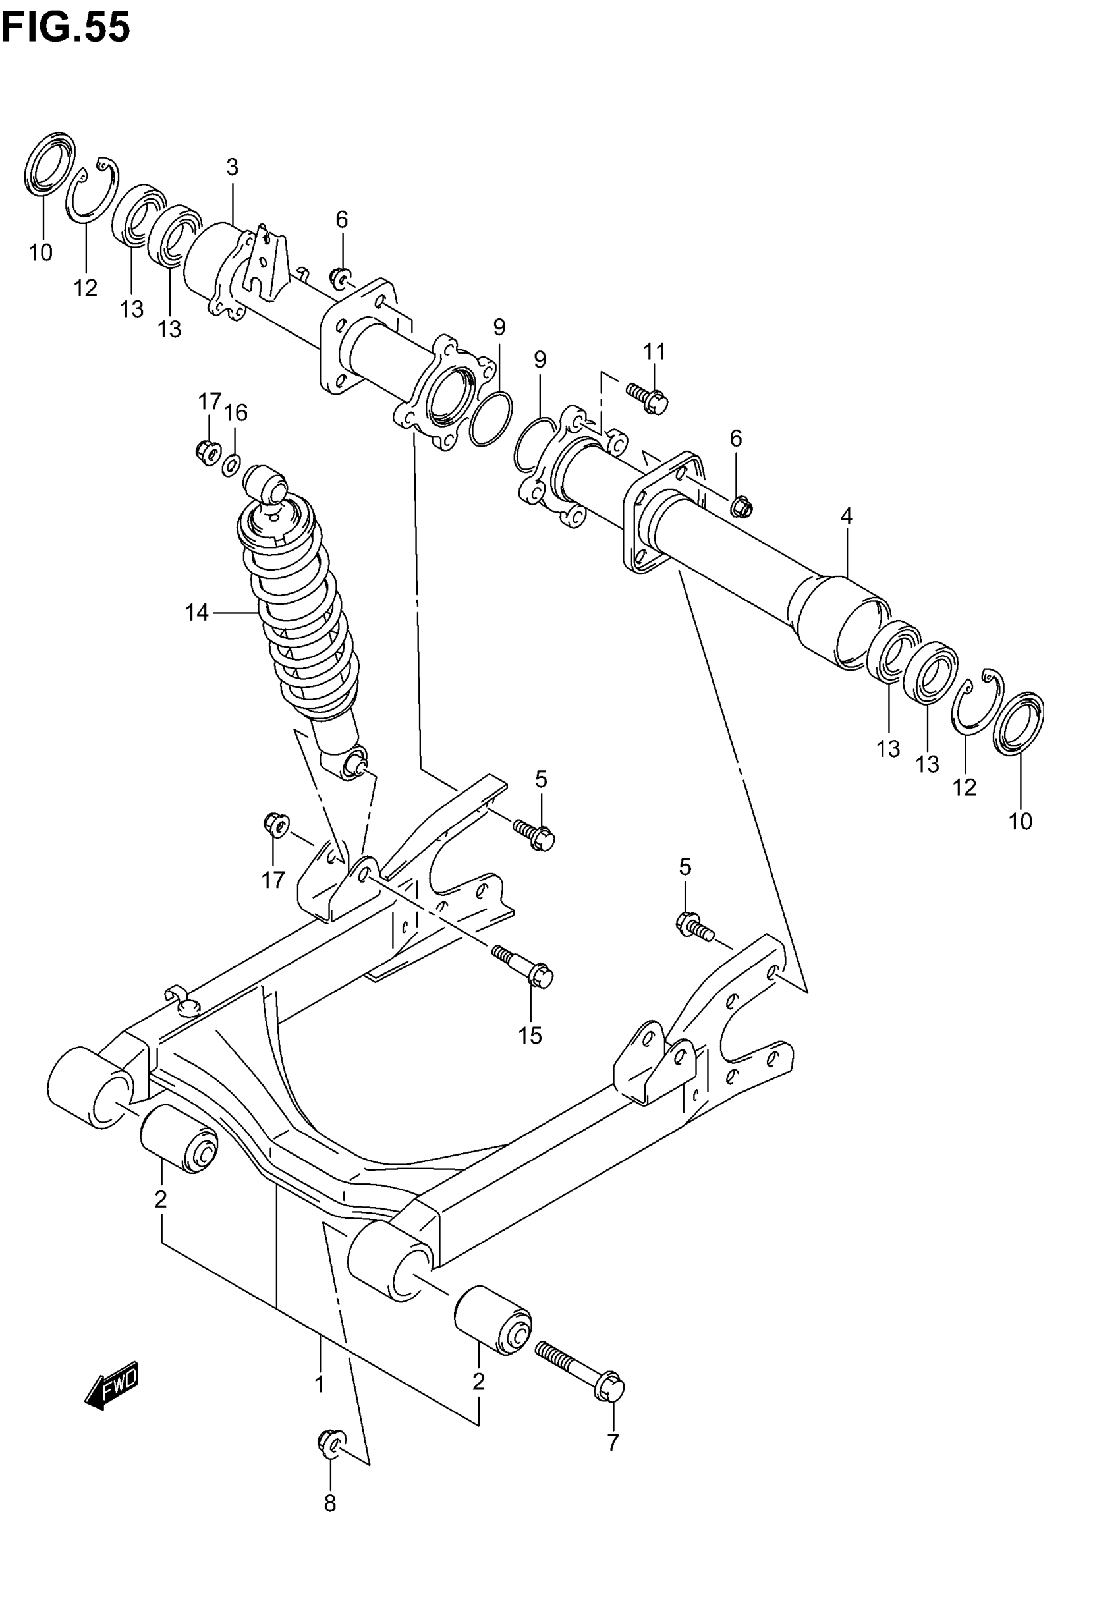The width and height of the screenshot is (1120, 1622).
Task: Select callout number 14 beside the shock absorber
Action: (x=196, y=613)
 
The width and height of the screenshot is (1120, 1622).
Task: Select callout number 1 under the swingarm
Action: (x=320, y=1384)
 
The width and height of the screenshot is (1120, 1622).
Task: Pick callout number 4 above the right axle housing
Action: (x=847, y=517)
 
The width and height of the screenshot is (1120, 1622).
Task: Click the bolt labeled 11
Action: (x=647, y=398)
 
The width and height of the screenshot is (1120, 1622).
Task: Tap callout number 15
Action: (x=530, y=1036)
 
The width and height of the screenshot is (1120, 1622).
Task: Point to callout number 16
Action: (x=237, y=412)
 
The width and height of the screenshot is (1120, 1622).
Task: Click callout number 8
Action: (x=330, y=1503)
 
